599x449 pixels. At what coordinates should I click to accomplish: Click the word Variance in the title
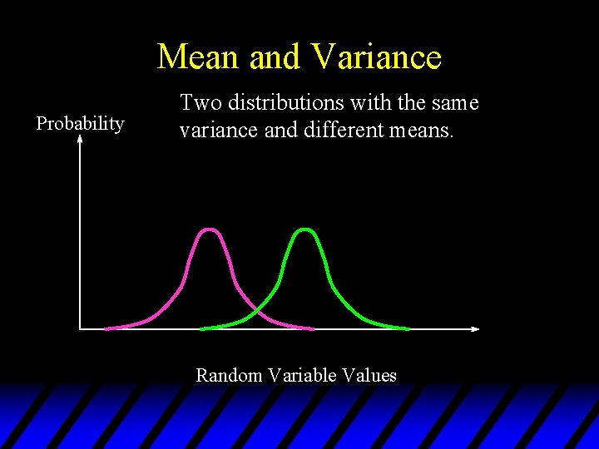click(x=377, y=57)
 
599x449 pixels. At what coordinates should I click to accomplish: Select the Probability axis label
click(x=80, y=124)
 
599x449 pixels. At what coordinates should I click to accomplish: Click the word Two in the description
click(x=197, y=103)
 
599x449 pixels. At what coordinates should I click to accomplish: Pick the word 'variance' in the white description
click(x=210, y=131)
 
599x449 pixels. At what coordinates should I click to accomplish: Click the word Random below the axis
click(x=229, y=375)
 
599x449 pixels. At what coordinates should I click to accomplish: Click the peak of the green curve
click(x=306, y=229)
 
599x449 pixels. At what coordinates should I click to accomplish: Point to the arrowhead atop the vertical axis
click(x=80, y=140)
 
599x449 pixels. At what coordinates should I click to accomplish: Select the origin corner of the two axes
click(x=80, y=328)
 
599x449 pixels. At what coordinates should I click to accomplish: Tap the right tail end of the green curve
click(x=408, y=328)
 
